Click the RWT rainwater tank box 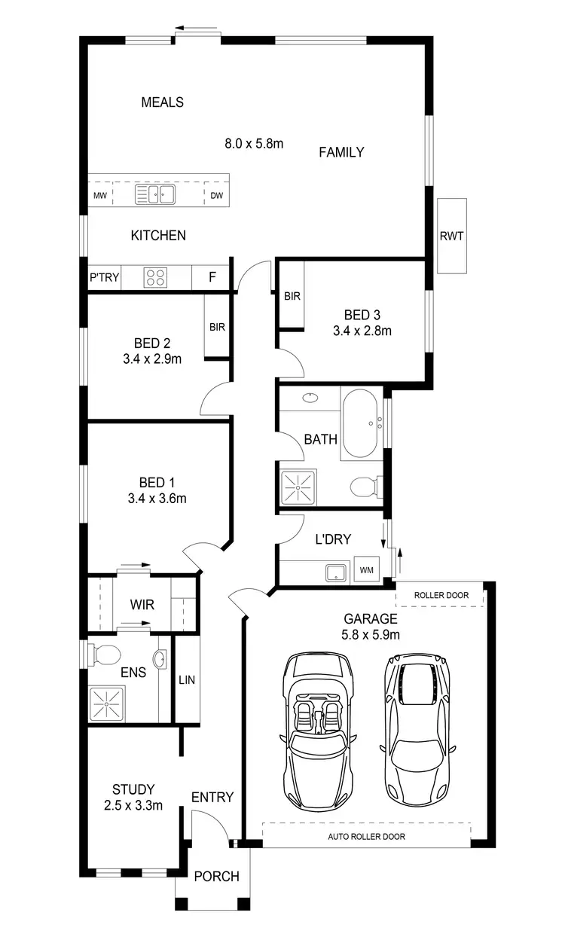point(452,236)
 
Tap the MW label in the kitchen point(99,197)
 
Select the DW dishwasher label point(217,197)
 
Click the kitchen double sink point(155,196)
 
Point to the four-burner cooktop point(155,277)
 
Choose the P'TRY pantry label point(105,277)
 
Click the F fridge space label point(212,277)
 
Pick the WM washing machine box point(367,570)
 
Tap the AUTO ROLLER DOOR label point(366,837)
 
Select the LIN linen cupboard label point(187,679)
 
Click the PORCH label point(216,876)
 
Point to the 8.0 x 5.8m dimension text point(254,143)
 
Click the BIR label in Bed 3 point(292,296)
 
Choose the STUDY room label point(133,789)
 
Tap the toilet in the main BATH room point(365,487)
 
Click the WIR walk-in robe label point(142,604)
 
